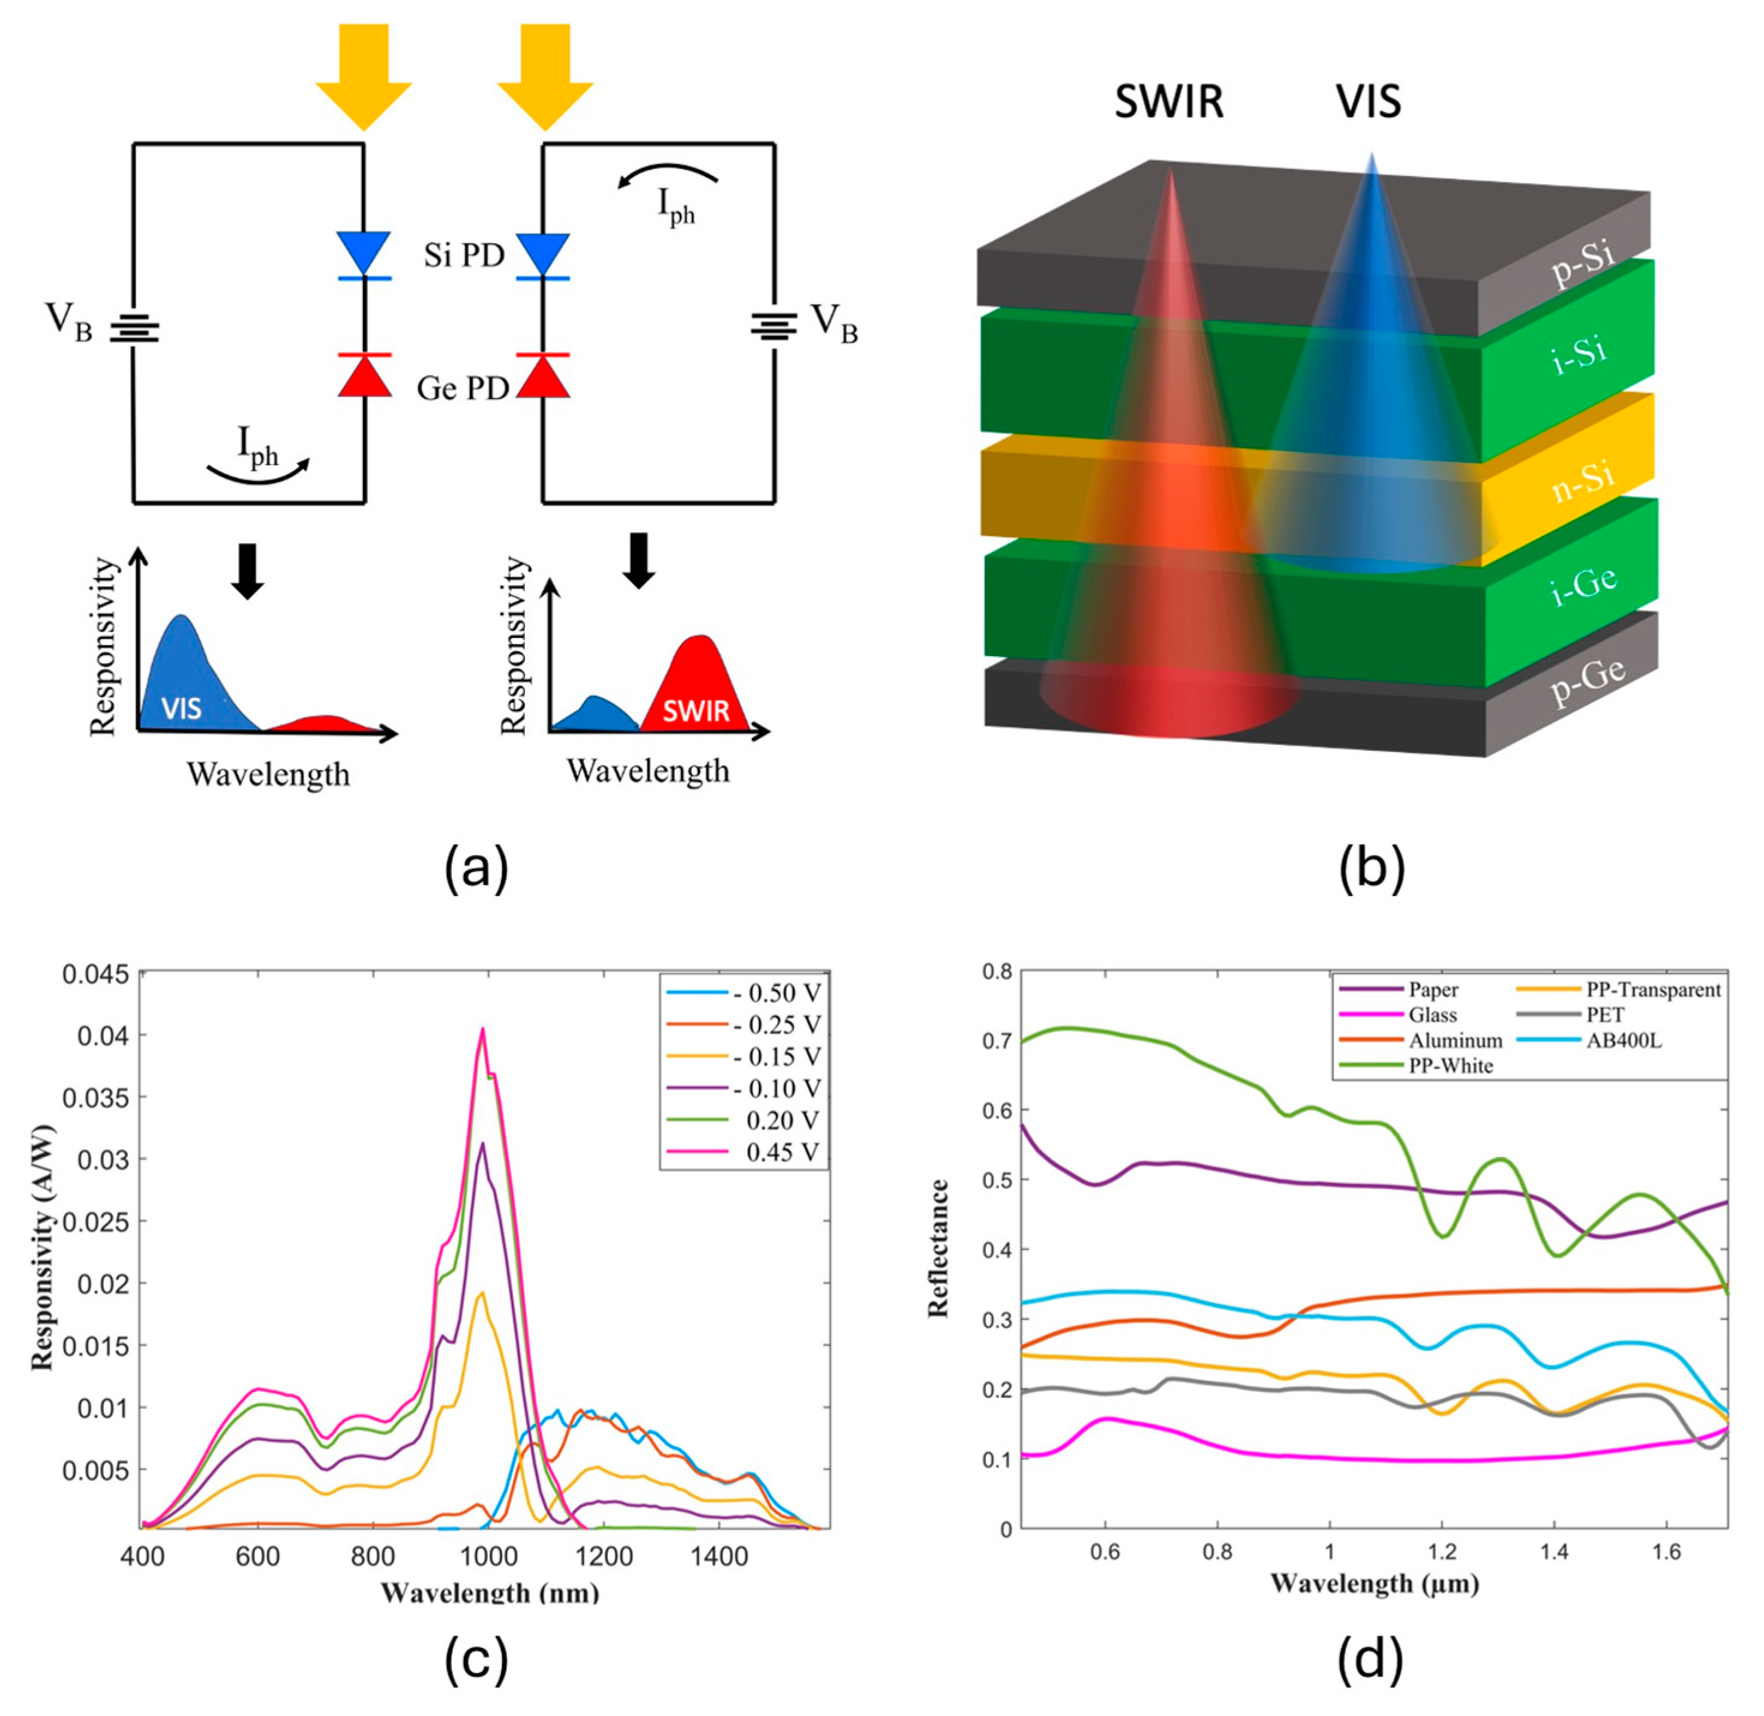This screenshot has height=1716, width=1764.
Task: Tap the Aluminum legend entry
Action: click(x=1456, y=1040)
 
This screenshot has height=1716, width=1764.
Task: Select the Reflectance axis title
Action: click(x=939, y=1248)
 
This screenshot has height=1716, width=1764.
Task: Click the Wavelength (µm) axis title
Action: click(x=1375, y=1583)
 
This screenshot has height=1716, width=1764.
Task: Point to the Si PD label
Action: click(x=464, y=256)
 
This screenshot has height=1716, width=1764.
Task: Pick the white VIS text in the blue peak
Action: click(x=181, y=708)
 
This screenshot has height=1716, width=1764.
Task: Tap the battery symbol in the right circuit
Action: click(x=774, y=325)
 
